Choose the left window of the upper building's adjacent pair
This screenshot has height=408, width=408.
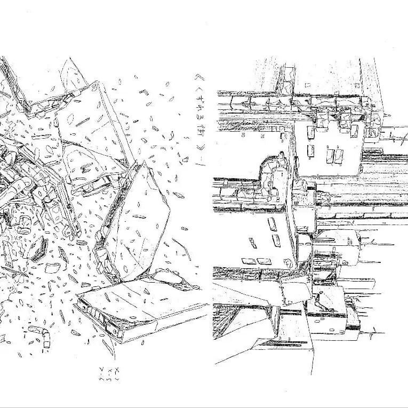point(330,155)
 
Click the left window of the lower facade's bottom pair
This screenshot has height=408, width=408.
point(249,261)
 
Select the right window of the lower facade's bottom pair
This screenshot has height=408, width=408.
point(263,261)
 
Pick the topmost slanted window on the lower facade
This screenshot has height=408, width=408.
point(271,223)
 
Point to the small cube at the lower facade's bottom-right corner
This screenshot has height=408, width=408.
point(289,262)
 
